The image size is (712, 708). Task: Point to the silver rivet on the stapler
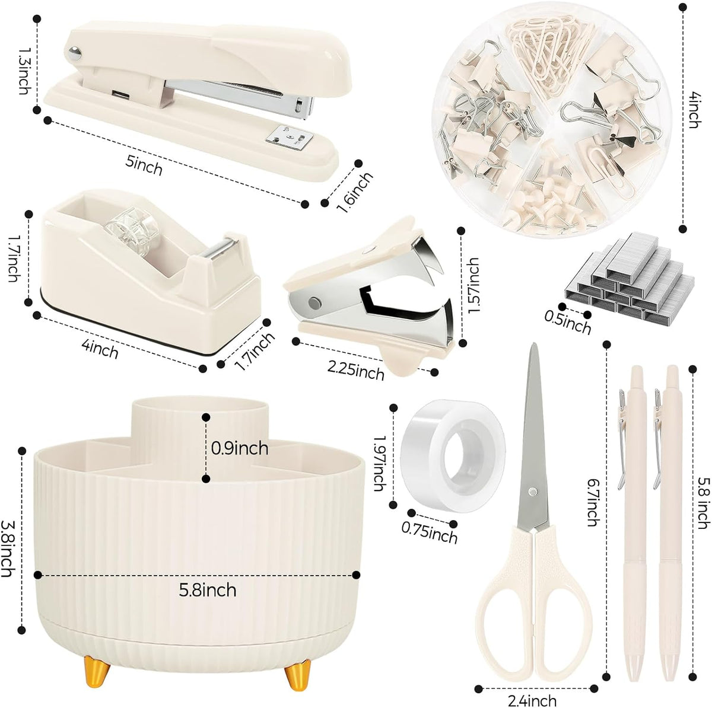pos(75,53)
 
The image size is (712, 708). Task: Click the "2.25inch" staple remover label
pos(355,371)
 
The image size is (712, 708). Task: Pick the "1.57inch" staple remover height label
pos(473,285)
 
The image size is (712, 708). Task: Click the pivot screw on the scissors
pos(532,491)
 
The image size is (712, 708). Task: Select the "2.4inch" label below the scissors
pos(532,701)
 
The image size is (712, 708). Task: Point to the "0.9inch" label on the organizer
pos(240,449)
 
